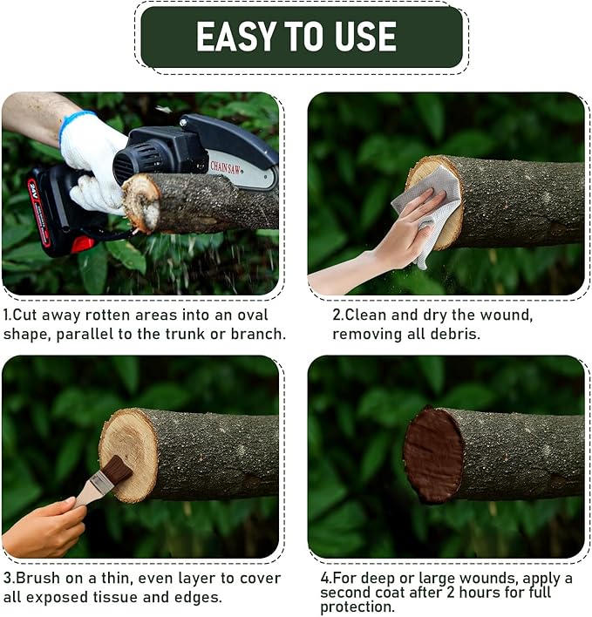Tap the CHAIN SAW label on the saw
225,168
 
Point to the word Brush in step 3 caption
37,579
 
